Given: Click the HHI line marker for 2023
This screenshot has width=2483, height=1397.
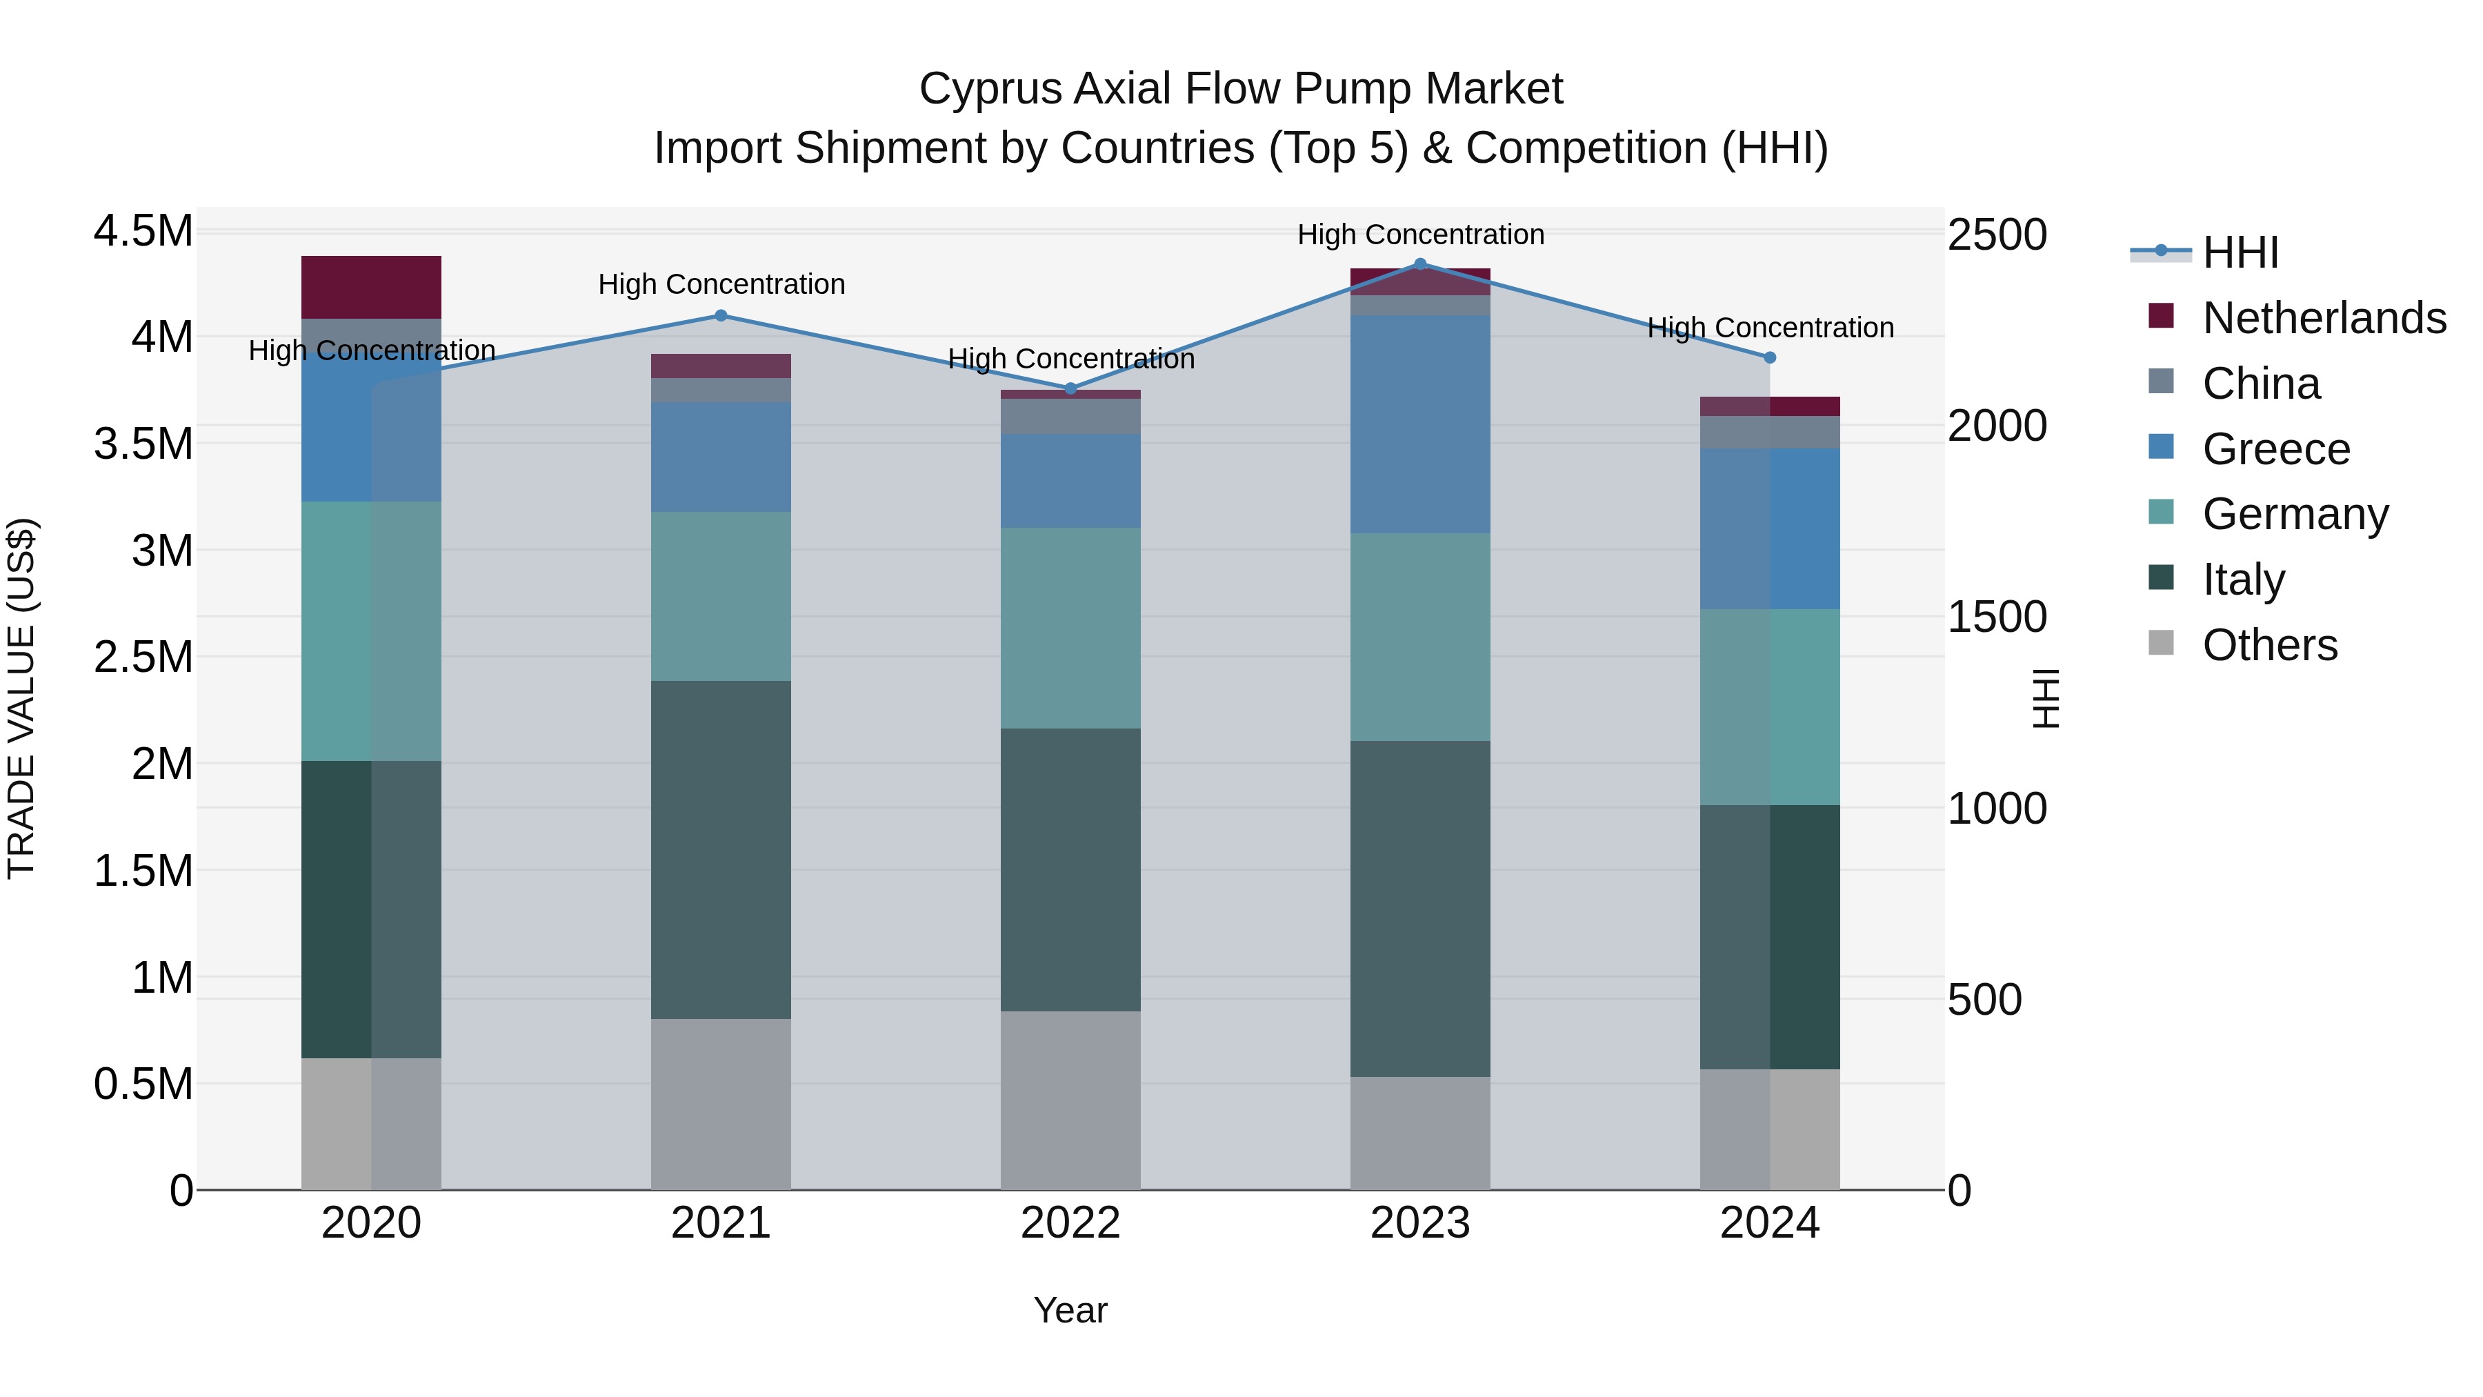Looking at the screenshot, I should [x=1420, y=264].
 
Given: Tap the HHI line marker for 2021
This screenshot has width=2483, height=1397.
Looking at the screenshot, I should [x=721, y=315].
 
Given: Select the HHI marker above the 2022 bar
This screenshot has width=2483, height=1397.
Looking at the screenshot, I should [x=1070, y=388].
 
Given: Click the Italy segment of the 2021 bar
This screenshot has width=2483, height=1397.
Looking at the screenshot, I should [x=721, y=849].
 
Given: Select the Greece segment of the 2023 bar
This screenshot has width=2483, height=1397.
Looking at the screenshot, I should [x=1420, y=424].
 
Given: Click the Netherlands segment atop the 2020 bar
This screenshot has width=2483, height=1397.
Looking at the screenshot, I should [x=371, y=286].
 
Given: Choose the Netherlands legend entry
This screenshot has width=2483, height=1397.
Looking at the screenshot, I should [x=2324, y=318].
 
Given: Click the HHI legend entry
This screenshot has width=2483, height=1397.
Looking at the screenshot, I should [x=2240, y=252].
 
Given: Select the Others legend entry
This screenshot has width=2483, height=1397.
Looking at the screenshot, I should [x=2269, y=645].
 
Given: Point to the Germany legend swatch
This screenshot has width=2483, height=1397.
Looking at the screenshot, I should [x=2161, y=513].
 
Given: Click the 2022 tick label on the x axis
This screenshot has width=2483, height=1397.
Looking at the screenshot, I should [x=1070, y=1223].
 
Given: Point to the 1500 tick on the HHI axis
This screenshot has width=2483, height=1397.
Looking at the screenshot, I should [x=1996, y=617].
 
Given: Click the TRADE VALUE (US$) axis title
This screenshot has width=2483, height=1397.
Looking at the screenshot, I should [x=21, y=698].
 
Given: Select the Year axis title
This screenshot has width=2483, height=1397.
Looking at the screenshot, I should [x=1070, y=1310].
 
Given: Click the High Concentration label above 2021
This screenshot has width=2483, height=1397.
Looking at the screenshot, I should [x=721, y=284].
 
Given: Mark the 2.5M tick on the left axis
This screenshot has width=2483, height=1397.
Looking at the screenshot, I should [x=143, y=657].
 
